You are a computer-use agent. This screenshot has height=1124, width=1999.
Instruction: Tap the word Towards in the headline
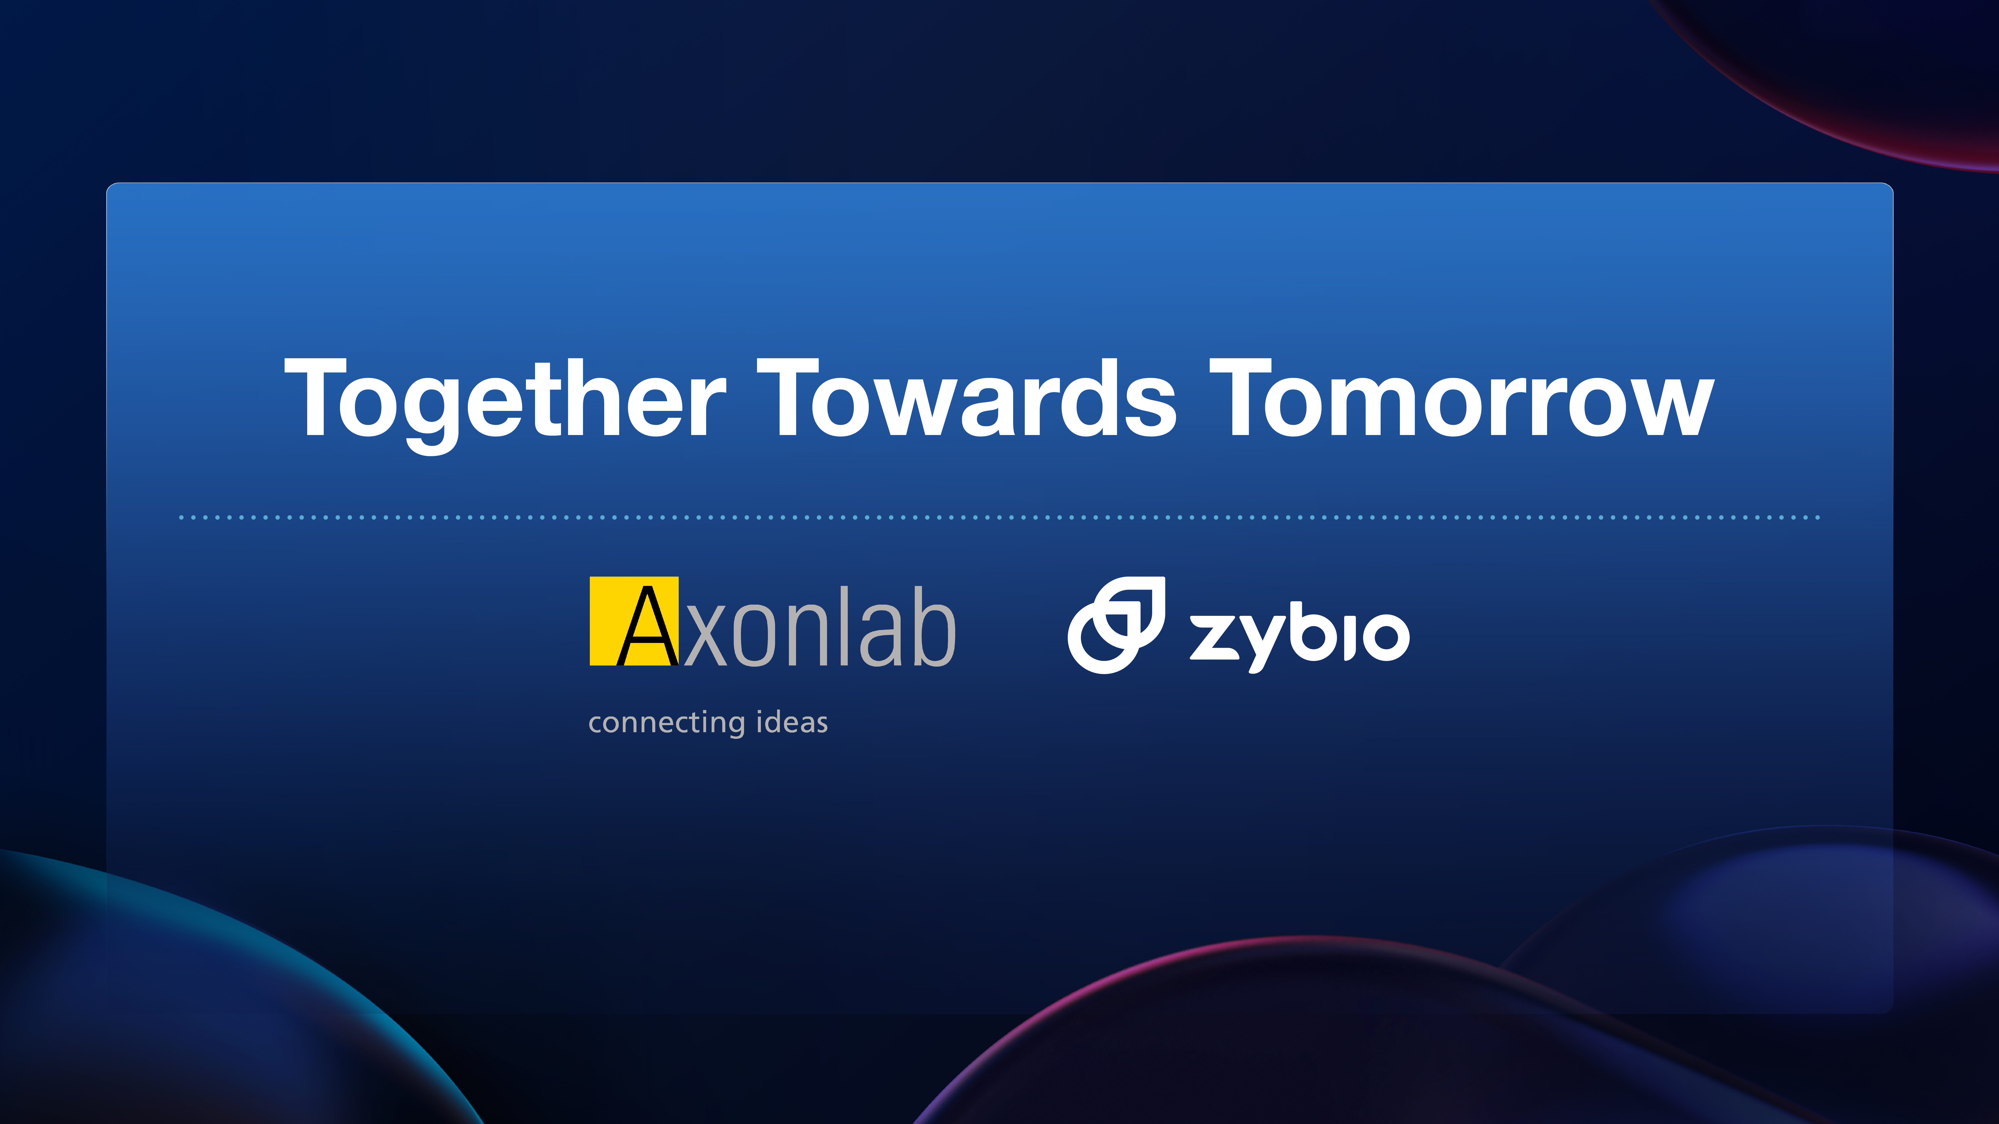coord(967,397)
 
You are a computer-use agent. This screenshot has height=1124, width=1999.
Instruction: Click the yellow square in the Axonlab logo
coord(634,620)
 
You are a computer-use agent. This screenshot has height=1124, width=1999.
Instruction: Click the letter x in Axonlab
coord(706,636)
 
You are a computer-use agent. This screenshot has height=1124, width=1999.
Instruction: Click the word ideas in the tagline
coord(792,721)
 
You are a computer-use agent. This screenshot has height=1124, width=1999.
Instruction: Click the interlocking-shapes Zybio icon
coord(1116,625)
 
